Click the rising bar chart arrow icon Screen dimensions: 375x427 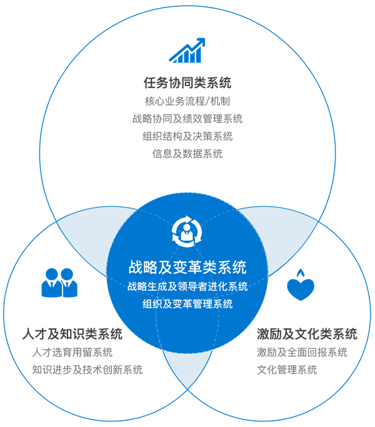(187, 51)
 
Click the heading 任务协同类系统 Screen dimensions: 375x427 (187, 82)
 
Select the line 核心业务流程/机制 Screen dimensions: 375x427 (187, 101)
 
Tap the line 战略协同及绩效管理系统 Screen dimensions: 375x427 (187, 119)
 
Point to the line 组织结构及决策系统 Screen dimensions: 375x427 (187, 136)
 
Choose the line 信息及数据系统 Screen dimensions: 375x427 (187, 154)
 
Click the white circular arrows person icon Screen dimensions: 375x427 (187, 232)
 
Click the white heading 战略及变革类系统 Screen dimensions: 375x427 (187, 267)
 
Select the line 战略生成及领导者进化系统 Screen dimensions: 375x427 (187, 287)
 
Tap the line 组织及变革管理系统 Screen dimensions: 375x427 (187, 304)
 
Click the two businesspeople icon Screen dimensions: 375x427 (59, 283)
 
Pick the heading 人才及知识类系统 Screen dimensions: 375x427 (72, 334)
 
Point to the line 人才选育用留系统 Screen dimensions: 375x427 (72, 352)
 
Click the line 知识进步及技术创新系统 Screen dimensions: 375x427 (87, 370)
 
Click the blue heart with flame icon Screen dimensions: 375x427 (301, 285)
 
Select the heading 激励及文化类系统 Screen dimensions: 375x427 (307, 334)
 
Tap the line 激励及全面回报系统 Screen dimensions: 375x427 (302, 352)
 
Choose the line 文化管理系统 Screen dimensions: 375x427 (287, 370)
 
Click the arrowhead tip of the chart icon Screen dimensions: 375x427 (204, 39)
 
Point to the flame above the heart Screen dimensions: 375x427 (301, 273)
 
